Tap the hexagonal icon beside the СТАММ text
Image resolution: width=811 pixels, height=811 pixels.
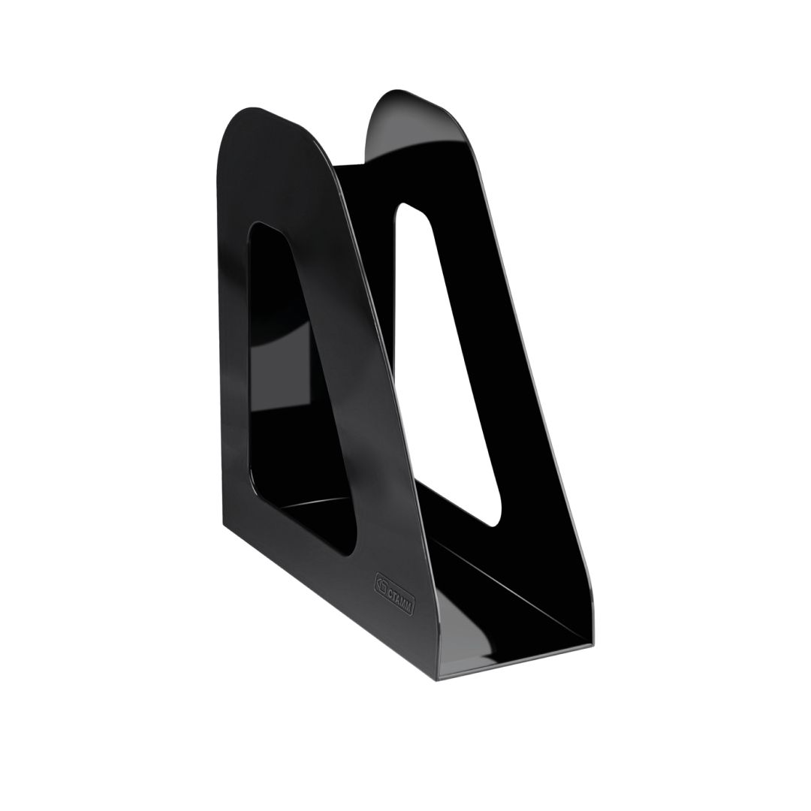click(x=379, y=584)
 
